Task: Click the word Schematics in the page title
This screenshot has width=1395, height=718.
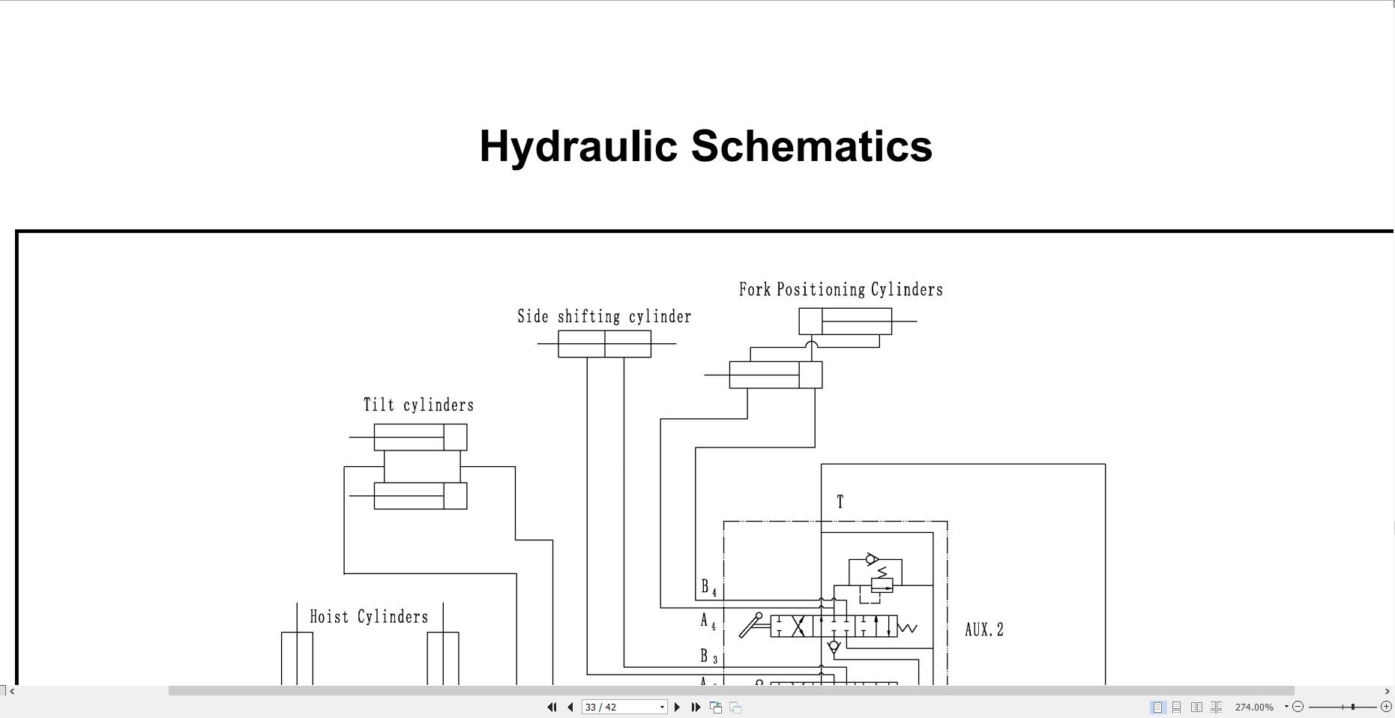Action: (811, 146)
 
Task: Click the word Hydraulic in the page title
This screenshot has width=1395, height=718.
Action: (579, 146)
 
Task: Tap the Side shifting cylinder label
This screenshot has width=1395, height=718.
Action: (604, 317)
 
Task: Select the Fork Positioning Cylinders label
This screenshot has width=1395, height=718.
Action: (840, 290)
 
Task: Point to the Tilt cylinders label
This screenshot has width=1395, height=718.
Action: (418, 405)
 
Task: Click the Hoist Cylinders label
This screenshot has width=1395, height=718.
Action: (369, 617)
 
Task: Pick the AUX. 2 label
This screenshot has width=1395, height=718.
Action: (983, 630)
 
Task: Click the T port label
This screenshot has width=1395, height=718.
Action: (840, 502)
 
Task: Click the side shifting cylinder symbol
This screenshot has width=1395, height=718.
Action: (604, 344)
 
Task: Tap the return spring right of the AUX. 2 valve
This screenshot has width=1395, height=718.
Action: (908, 628)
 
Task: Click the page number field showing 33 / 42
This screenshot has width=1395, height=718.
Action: (619, 707)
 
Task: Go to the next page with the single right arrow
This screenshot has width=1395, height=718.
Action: (678, 707)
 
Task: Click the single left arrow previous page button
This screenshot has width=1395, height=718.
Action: (570, 707)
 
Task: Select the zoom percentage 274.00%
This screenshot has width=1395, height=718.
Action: (1254, 707)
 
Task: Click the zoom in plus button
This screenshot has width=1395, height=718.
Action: (1386, 707)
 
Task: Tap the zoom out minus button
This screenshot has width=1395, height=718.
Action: (1298, 707)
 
